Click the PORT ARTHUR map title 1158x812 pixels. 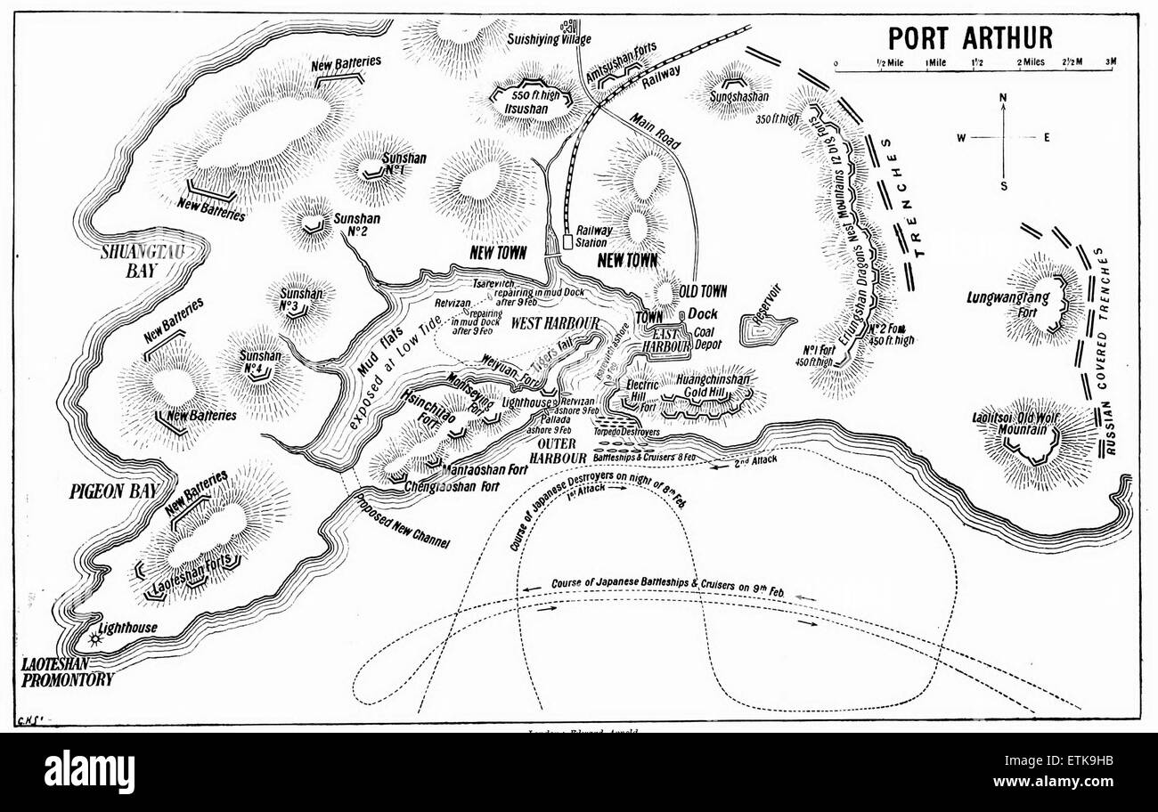[x=969, y=37]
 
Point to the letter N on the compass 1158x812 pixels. [x=1003, y=97]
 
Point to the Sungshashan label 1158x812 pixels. [x=738, y=96]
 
